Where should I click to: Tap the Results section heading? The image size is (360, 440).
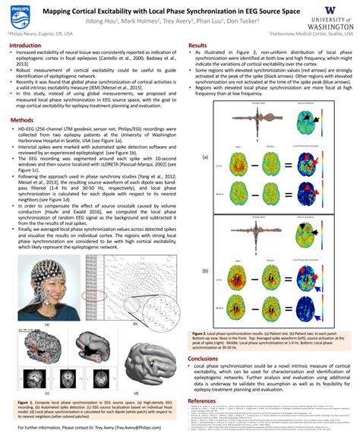click(198, 46)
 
